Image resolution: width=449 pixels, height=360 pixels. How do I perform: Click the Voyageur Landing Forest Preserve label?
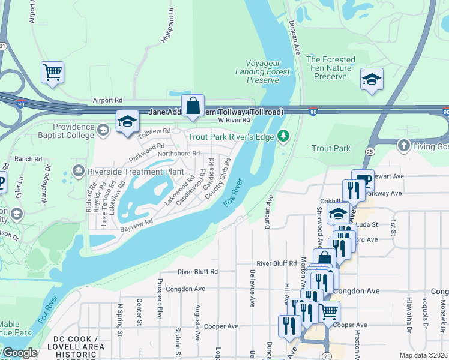pyautogui.click(x=268, y=71)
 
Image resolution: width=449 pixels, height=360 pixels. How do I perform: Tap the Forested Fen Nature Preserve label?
pyautogui.click(x=331, y=68)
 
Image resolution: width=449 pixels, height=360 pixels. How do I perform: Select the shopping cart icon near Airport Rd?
pyautogui.click(x=52, y=73)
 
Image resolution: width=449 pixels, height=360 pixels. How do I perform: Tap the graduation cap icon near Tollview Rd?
pyautogui.click(x=127, y=122)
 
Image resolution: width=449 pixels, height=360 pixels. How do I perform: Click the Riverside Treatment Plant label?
pyautogui.click(x=135, y=172)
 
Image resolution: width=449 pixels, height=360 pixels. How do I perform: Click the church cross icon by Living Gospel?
pyautogui.click(x=404, y=145)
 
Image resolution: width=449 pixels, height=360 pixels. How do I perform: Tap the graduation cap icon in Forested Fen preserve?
pyautogui.click(x=372, y=79)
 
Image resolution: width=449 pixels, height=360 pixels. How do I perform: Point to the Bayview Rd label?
pyautogui.click(x=136, y=225)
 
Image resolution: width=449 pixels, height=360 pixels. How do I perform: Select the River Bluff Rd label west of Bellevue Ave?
pyautogui.click(x=197, y=271)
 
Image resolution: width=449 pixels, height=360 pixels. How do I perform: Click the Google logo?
pyautogui.click(x=19, y=353)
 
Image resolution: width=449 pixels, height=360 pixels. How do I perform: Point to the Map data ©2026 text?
pyautogui.click(x=423, y=355)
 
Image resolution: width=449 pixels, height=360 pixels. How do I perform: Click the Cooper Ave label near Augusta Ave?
pyautogui.click(x=221, y=326)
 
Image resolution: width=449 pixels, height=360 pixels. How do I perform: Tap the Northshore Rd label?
pyautogui.click(x=178, y=154)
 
